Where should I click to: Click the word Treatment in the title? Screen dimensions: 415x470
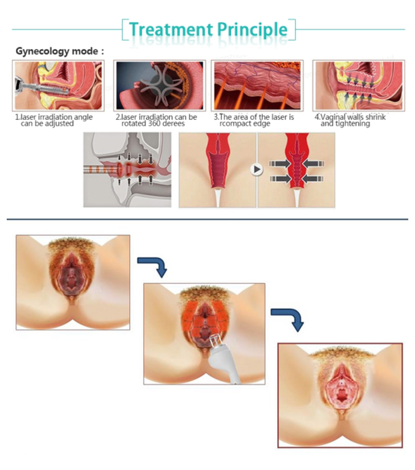click(x=171, y=29)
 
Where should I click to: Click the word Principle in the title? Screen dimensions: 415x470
click(x=252, y=30)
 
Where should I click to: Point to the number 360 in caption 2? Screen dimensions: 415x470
click(x=155, y=123)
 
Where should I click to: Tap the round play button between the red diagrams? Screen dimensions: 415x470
click(x=257, y=169)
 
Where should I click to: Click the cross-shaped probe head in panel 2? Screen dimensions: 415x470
click(x=160, y=85)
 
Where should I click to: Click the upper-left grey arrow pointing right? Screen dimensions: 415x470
click(x=280, y=164)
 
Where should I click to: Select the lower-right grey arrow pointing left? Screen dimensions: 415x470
click(x=313, y=179)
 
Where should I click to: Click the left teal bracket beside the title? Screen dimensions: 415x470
click(x=124, y=29)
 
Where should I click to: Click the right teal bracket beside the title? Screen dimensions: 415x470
click(x=293, y=29)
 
